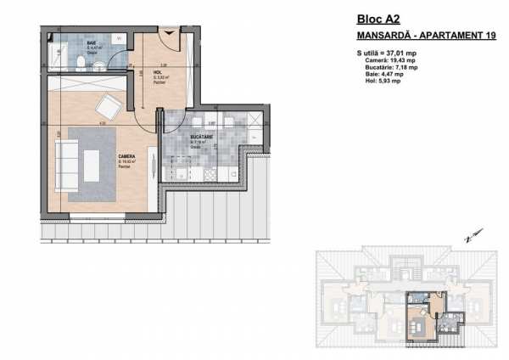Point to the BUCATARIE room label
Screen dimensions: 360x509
click(201, 134)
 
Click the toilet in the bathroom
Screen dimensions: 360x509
click(78, 62)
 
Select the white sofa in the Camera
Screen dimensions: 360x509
click(65, 159)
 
